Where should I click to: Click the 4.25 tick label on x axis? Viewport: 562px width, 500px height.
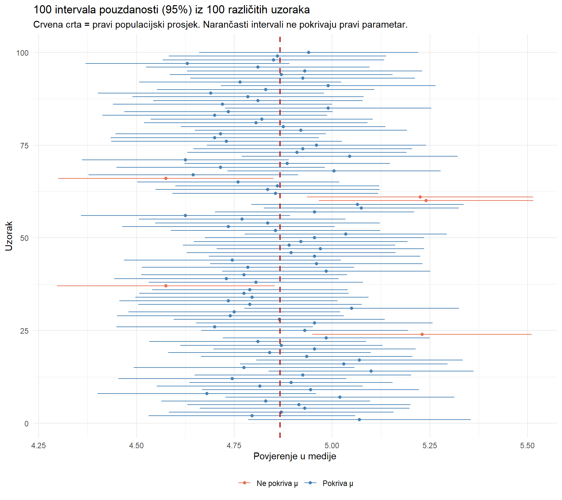coord(38,446)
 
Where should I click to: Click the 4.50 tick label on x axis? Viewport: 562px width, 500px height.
coord(136,446)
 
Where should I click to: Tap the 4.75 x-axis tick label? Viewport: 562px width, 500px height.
coord(234,446)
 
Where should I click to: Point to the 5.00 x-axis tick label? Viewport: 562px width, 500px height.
coord(332,446)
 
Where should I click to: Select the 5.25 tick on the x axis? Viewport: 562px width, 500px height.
coord(430,446)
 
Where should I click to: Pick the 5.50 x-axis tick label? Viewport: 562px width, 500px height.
coord(527,446)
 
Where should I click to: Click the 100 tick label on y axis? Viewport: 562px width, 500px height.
coord(22,53)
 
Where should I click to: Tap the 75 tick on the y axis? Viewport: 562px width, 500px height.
coord(24,146)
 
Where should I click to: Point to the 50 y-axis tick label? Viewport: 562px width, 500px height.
coord(24,238)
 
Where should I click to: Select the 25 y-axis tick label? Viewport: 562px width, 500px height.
coord(24,331)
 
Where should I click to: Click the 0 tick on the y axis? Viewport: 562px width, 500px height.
coord(26,424)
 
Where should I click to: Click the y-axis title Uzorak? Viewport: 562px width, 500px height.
coord(9,236)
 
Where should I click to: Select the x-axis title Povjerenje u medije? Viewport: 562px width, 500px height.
coord(295,456)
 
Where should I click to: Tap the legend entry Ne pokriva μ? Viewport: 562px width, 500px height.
coord(277,483)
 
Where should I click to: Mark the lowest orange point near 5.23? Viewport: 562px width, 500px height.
coord(422,334)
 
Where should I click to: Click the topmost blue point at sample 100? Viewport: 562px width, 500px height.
coord(309,52)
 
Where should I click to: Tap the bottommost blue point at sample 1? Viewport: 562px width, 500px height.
coord(359,420)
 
